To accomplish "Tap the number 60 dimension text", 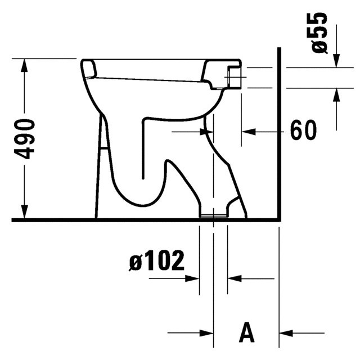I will (x=303, y=131).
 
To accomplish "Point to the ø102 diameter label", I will (x=156, y=261).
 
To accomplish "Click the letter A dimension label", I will (x=246, y=332).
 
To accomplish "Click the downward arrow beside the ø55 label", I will (x=336, y=60).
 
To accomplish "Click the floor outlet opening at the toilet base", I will (x=214, y=214).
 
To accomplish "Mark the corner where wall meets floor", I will (x=280, y=220).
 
